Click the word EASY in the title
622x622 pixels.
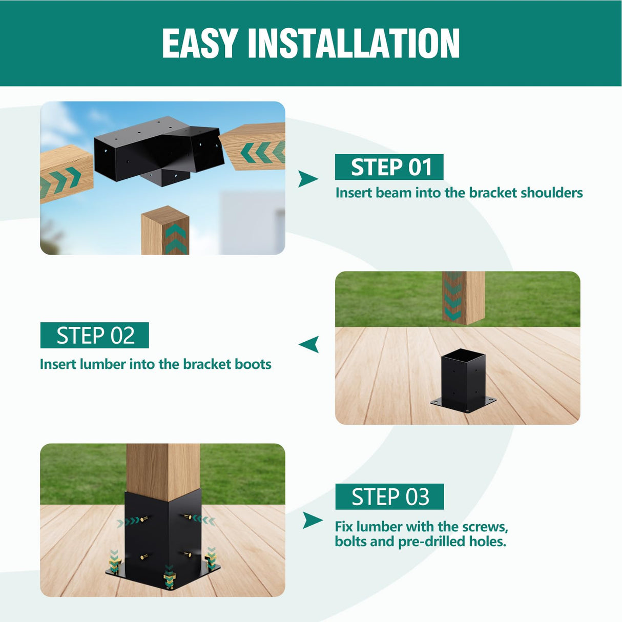200,44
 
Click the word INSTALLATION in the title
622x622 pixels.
354,44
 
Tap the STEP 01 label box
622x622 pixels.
389,167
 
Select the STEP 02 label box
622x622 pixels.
95,336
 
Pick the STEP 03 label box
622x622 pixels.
389,496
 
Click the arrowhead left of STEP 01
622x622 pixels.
307,179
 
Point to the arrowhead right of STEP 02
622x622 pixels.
309,344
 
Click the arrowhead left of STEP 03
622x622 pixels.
312,520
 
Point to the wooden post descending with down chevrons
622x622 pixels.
463,298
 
